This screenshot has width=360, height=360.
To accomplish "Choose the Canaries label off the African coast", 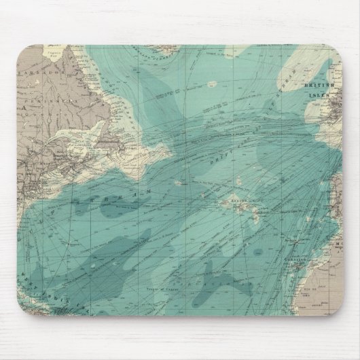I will [298, 259].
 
